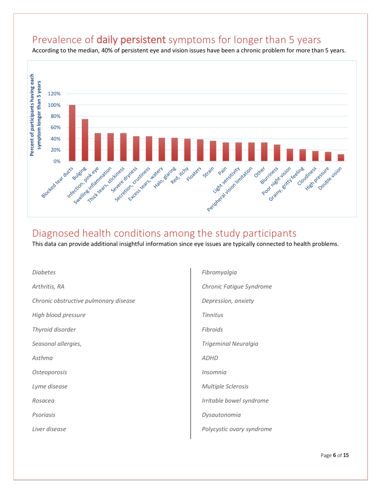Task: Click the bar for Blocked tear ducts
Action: (72, 133)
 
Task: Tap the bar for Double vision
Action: (341, 158)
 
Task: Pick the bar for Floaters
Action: (200, 150)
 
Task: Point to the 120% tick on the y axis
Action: (54, 94)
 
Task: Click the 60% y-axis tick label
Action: (55, 127)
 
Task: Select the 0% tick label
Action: (57, 161)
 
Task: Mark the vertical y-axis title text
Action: (35, 115)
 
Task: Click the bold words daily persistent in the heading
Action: (131, 40)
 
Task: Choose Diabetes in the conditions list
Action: (44, 272)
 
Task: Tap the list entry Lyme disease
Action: (50, 386)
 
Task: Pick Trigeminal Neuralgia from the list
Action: (230, 344)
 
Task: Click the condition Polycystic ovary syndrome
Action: (237, 429)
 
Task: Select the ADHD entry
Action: (210, 358)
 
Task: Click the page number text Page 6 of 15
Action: (335, 455)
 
